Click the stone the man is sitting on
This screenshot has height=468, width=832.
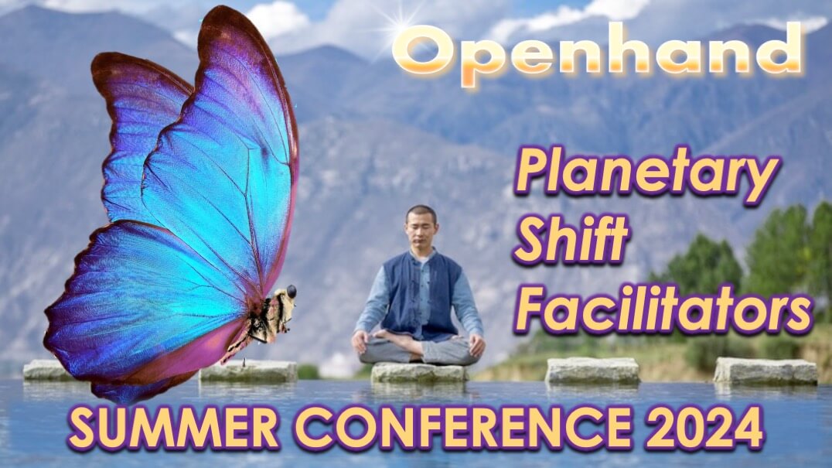[x=418, y=373]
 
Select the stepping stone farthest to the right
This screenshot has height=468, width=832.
[x=765, y=371]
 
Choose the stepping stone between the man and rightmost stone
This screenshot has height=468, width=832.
[x=592, y=371]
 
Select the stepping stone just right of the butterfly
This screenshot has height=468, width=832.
[x=248, y=371]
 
